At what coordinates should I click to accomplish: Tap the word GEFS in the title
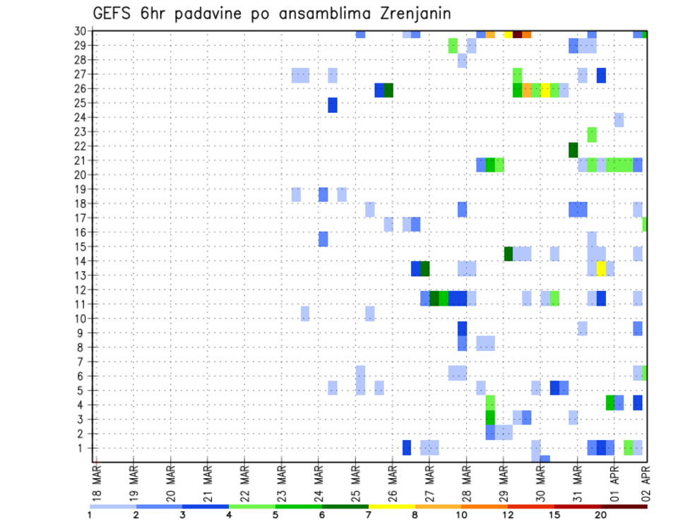point(115,13)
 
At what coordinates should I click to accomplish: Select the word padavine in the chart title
point(222,14)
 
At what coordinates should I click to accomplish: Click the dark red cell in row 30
point(517,34)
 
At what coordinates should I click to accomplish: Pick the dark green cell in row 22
point(573,150)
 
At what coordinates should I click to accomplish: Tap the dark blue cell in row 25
point(332,105)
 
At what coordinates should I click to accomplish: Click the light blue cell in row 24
point(619,119)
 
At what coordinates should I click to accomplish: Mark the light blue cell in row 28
point(462,61)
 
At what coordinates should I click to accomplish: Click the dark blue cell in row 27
point(601,75)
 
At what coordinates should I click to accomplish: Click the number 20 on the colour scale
point(600,515)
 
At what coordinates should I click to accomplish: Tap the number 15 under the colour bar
point(554,515)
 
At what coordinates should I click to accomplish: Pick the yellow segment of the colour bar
point(391,506)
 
